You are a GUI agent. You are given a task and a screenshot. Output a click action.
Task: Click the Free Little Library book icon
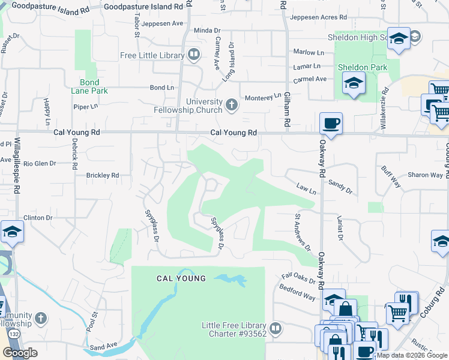(193, 56)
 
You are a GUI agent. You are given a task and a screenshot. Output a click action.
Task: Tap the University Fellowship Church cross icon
(231, 106)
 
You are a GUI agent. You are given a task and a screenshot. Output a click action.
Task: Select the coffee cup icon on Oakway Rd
(331, 124)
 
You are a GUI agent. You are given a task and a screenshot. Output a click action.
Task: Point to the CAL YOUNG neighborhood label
(181, 278)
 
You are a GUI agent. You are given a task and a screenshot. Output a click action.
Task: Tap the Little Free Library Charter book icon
(275, 328)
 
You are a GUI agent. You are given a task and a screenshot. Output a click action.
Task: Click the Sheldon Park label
(363, 67)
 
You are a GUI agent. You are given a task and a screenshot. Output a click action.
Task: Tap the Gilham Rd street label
(288, 112)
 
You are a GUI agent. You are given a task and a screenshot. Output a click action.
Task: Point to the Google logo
(20, 353)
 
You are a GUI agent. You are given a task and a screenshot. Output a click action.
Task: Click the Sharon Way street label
(425, 175)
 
